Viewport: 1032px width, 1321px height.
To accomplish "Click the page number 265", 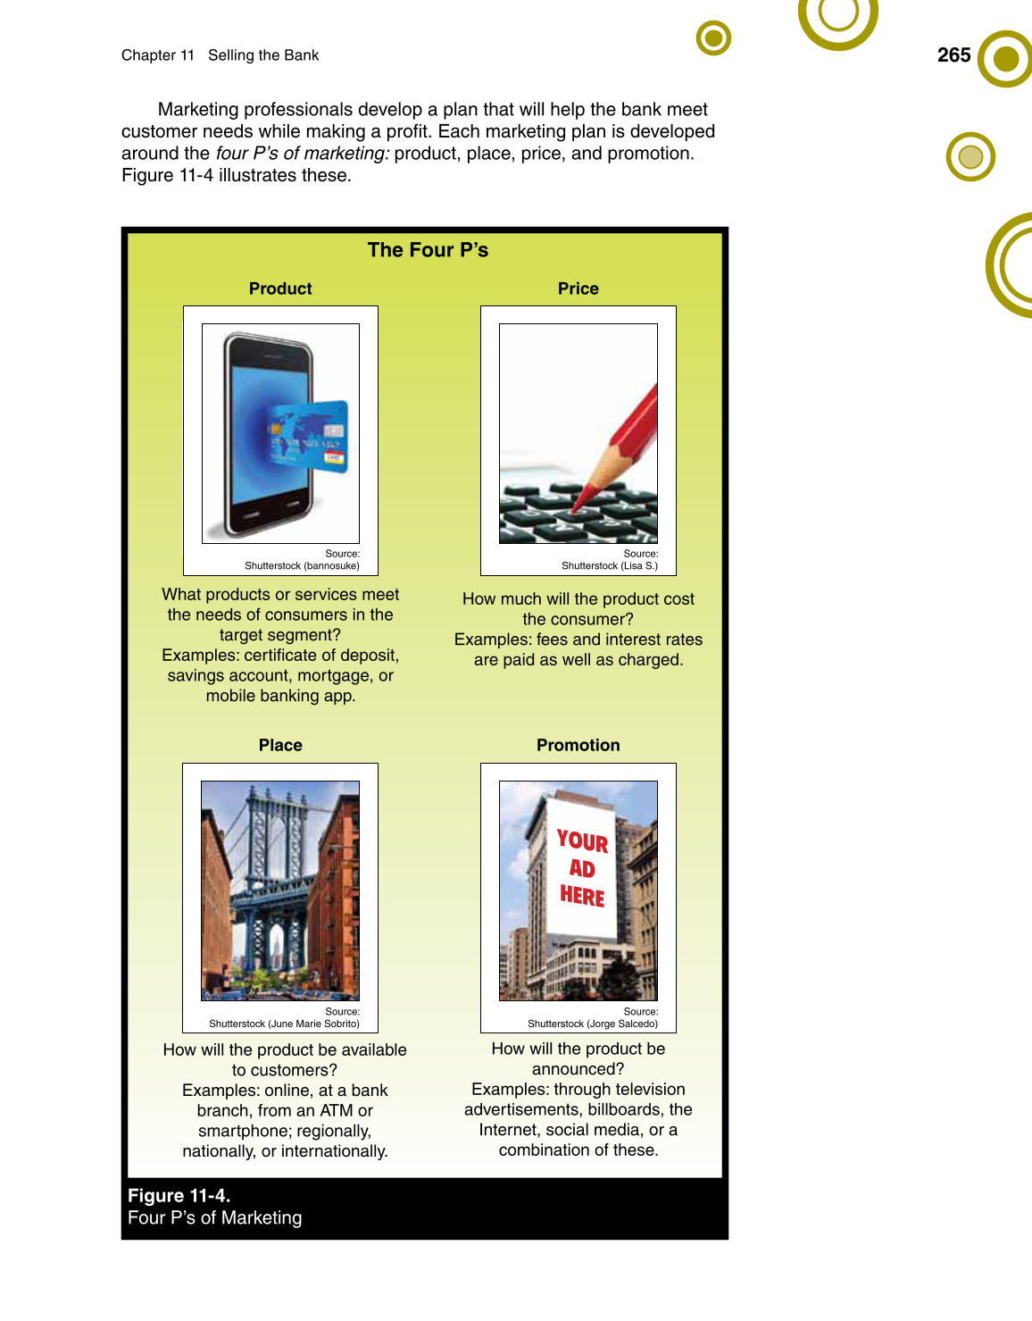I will click(953, 55).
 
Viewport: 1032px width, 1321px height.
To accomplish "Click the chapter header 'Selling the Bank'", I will click(263, 55).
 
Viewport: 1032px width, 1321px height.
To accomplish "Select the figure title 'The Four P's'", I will click(428, 250).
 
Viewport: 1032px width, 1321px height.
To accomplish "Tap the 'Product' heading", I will click(280, 288).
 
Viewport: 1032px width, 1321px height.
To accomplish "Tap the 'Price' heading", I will click(578, 288).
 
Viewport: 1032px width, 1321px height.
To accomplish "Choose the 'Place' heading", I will click(280, 745).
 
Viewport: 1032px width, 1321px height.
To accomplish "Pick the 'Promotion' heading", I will click(578, 745).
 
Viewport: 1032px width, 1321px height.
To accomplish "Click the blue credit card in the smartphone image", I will click(309, 437).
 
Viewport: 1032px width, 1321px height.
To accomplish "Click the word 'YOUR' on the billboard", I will click(582, 841).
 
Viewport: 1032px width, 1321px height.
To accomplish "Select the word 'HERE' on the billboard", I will click(582, 896).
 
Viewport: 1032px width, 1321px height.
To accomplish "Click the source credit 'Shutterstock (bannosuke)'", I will click(302, 565).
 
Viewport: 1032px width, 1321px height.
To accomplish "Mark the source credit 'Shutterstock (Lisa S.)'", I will click(609, 565).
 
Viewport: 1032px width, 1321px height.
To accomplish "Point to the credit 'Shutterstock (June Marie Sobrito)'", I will click(284, 1024).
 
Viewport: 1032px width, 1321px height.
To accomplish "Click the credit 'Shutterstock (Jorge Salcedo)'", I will click(592, 1024).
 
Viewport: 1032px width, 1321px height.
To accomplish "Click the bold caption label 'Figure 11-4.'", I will click(179, 1195).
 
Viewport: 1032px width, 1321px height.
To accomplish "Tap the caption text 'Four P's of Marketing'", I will click(214, 1218).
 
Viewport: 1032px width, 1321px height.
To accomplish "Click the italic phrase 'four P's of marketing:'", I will click(303, 154).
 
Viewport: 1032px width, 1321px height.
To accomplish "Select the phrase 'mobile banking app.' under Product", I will click(280, 696).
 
